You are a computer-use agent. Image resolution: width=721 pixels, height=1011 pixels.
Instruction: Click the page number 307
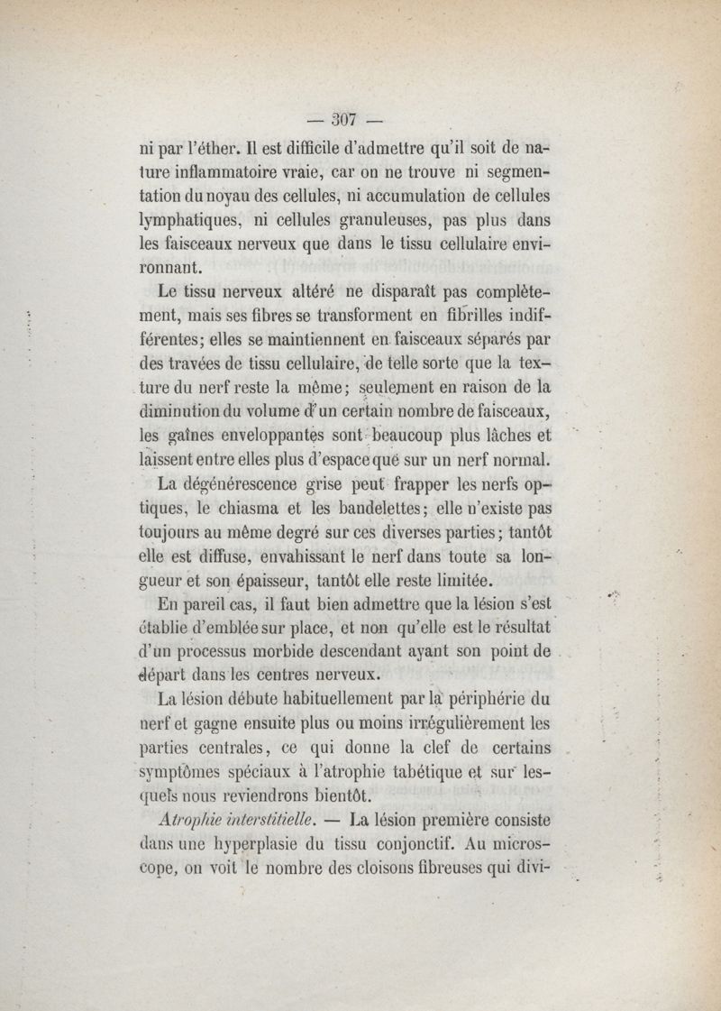click(345, 117)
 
